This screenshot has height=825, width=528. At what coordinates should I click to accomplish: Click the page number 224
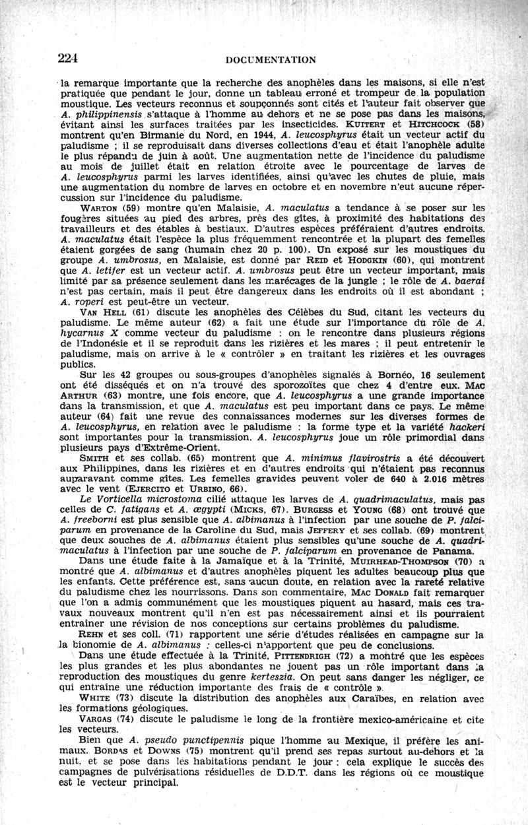tap(68, 57)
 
